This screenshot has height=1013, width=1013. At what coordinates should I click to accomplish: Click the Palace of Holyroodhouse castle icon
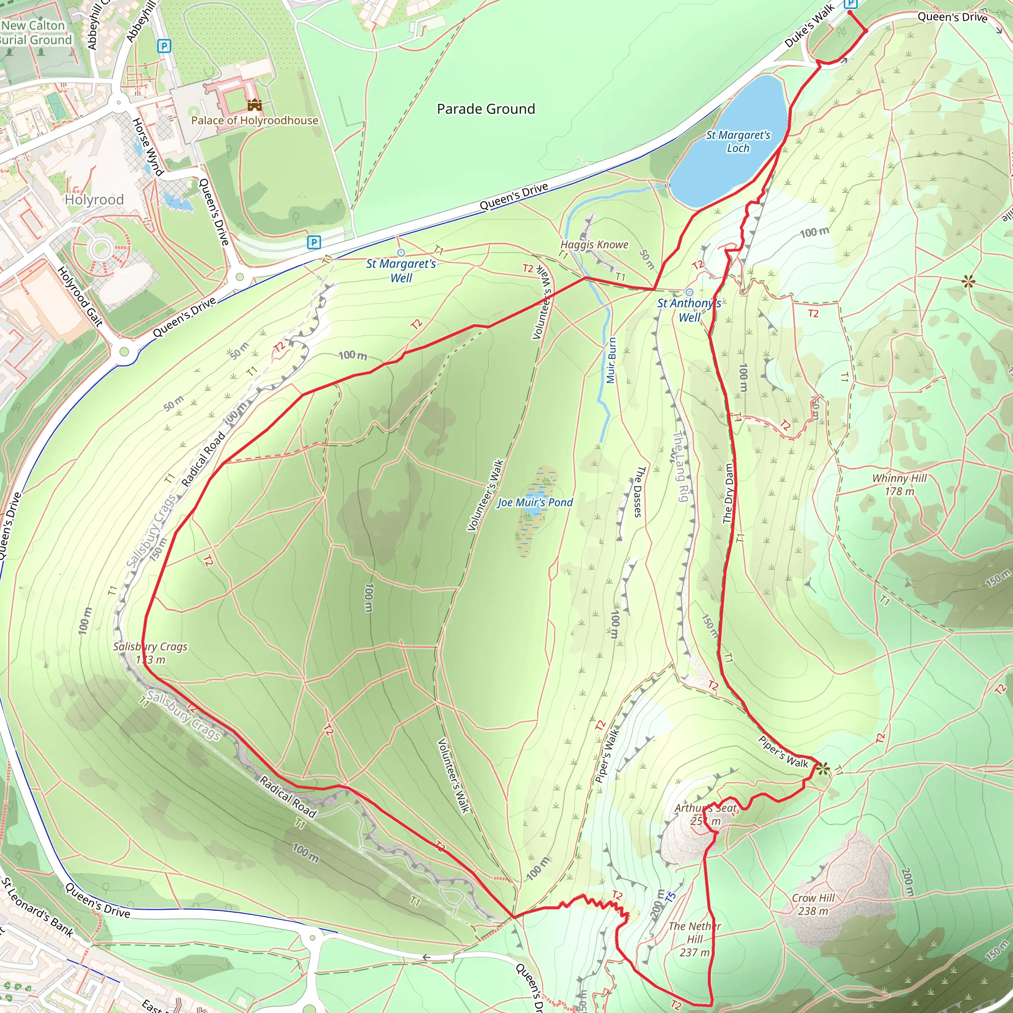[x=255, y=105]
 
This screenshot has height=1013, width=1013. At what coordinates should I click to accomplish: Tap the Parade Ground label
[x=486, y=109]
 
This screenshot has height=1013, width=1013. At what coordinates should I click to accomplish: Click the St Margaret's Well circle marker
[x=401, y=253]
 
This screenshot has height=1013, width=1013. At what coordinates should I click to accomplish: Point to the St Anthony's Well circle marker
[x=689, y=292]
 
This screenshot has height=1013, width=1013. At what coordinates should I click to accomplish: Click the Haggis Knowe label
[x=594, y=244]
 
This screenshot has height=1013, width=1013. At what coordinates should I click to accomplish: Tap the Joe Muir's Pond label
[x=535, y=503]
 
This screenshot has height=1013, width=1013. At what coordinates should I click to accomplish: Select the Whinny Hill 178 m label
[x=899, y=484]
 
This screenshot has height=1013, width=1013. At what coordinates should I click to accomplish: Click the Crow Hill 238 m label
[x=813, y=905]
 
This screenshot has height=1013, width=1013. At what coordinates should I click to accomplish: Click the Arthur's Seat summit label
[x=706, y=814]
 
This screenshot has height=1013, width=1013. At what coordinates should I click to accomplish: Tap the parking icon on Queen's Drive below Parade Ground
[x=314, y=242]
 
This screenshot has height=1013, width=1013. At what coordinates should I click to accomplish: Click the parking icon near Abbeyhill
[x=164, y=46]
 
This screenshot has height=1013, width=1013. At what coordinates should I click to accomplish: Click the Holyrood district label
[x=94, y=200]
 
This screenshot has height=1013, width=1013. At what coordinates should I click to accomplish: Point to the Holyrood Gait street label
[x=80, y=297]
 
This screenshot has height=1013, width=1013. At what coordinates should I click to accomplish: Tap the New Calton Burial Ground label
[x=36, y=33]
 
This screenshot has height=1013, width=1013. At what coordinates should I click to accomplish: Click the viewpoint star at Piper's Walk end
[x=823, y=769]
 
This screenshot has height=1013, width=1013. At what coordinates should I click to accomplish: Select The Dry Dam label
[x=728, y=493]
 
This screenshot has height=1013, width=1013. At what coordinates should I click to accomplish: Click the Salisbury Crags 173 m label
[x=150, y=653]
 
